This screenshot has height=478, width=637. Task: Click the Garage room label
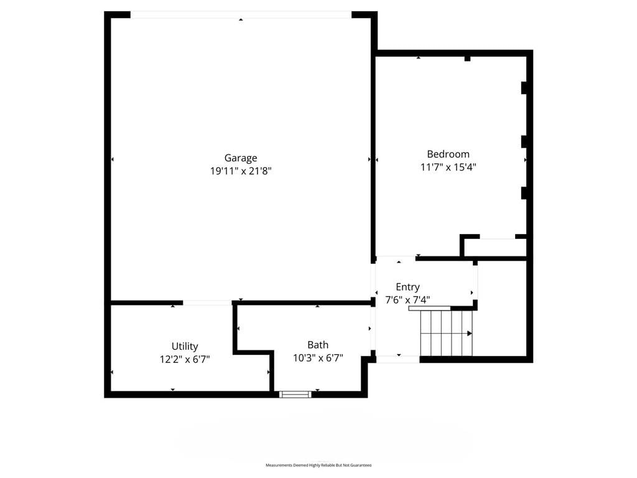pos(241,158)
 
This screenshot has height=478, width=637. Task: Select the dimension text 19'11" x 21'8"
pos(241,171)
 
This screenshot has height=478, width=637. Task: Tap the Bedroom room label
pos(448,154)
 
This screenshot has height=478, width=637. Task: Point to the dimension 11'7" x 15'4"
pos(448,167)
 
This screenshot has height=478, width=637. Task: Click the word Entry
pos(407,288)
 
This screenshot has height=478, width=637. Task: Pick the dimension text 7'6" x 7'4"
pos(407,300)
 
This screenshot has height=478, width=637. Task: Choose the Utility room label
pos(185,346)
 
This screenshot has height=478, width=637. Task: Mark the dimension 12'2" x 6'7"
pos(185,359)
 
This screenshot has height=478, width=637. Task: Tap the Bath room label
pos(318,345)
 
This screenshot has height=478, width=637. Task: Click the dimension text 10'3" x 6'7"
pos(318,358)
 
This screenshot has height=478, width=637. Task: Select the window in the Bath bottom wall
pos(295,394)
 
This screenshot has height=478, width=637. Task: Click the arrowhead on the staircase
pos(470,334)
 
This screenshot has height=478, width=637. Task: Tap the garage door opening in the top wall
pos(241,15)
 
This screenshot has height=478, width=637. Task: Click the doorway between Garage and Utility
pos(207,303)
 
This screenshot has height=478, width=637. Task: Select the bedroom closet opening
pos(497,237)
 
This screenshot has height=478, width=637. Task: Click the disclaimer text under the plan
pos(318,465)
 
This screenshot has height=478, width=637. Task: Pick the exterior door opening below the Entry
pos(398,359)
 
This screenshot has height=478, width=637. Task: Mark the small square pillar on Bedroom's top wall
pos(468,59)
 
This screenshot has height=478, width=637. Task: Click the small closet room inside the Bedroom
pos(495,248)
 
